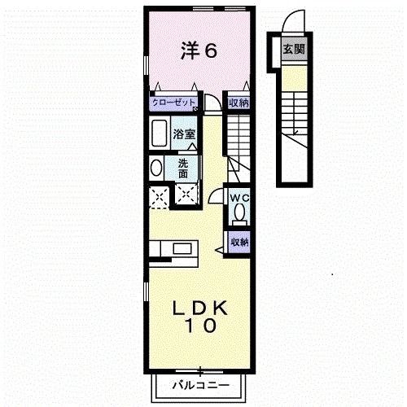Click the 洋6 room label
pos(199,51)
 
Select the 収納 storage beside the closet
pos(238,103)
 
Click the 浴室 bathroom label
pos(184,134)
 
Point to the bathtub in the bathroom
pos(158,134)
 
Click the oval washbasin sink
pos(156,168)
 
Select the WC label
pos(239,198)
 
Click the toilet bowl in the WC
pos(239,213)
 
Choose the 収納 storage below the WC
pos(238,242)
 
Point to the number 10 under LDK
pos(199,326)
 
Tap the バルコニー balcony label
pos(199,384)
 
